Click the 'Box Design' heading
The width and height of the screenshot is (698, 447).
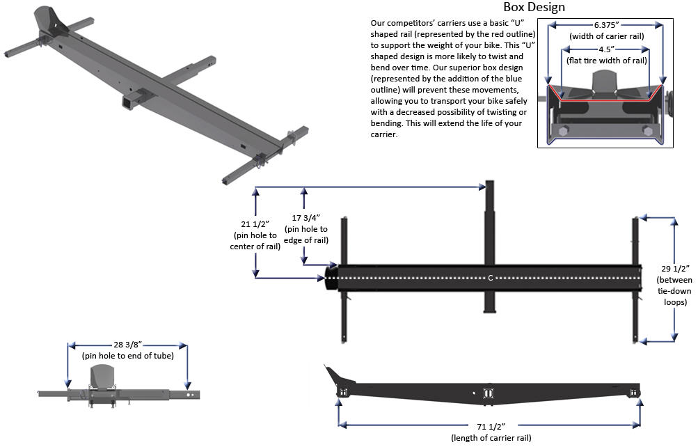534,8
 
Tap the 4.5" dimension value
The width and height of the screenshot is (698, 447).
605,50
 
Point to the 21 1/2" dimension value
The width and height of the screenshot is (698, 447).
255,224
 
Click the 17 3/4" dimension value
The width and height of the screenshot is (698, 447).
306,217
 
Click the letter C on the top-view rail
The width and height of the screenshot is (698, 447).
490,279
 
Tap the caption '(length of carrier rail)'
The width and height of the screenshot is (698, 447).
491,438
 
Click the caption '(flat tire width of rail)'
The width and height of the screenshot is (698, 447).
606,61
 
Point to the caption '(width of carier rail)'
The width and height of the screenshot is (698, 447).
606,36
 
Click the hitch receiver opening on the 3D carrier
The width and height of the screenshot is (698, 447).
130,103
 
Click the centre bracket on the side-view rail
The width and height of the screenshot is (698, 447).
489,393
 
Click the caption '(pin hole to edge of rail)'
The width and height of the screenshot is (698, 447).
306,234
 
